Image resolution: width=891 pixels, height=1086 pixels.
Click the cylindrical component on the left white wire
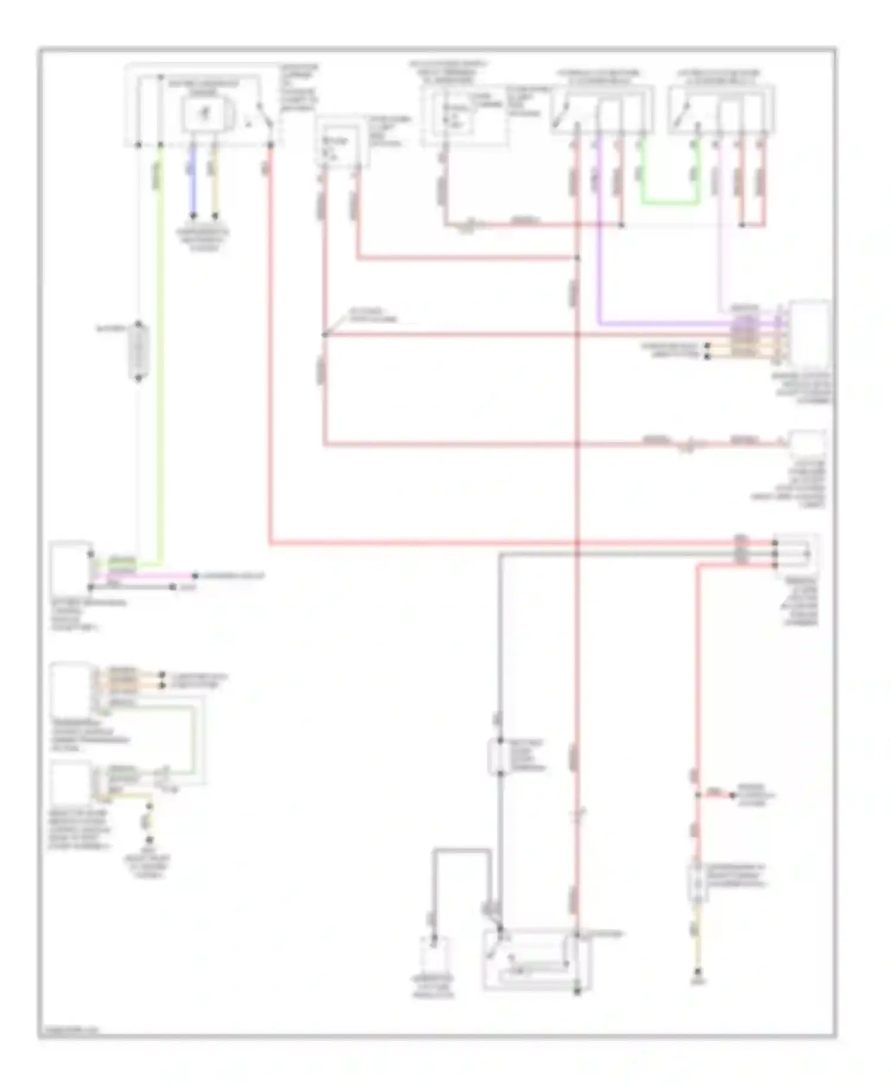(138, 351)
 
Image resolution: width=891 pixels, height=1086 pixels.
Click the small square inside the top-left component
(203, 113)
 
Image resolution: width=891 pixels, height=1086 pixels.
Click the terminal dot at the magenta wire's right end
(194, 576)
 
